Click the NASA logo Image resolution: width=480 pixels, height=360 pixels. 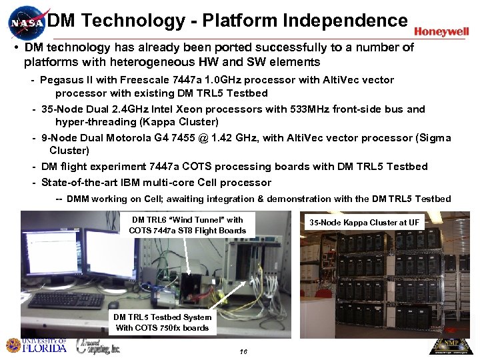(x=26, y=23)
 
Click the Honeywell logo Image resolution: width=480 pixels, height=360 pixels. (x=441, y=31)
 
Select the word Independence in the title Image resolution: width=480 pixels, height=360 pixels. (x=345, y=21)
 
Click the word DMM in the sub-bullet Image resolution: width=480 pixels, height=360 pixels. (x=78, y=199)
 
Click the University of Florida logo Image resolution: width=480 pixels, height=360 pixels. (x=37, y=345)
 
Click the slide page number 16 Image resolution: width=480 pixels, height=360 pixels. (x=243, y=351)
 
